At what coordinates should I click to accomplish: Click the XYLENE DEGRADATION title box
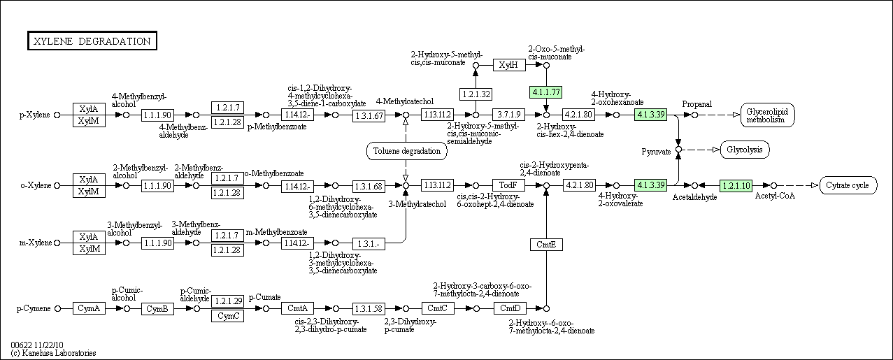[92, 41]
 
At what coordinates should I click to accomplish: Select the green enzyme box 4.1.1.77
[545, 92]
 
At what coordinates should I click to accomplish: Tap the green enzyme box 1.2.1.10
[736, 185]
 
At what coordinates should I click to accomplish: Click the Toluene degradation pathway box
[406, 151]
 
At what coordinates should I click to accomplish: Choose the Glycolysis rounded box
[745, 150]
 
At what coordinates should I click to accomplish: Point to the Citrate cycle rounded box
[848, 185]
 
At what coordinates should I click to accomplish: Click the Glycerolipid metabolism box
[767, 115]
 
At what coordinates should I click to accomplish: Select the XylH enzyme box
[509, 65]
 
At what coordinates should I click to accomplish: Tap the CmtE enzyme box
[546, 245]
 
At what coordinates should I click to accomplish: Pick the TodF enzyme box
[508, 185]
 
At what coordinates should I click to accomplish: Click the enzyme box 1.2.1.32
[476, 94]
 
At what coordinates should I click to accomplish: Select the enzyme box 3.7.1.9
[508, 115]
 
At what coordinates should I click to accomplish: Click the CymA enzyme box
[89, 308]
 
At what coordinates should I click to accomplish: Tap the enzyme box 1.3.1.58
[369, 308]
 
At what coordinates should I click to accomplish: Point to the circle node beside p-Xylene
[57, 115]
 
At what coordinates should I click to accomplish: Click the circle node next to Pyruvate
[678, 150]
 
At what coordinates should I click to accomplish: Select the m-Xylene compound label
[36, 243]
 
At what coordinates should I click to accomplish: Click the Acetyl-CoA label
[775, 196]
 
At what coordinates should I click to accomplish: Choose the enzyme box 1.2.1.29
[227, 301]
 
